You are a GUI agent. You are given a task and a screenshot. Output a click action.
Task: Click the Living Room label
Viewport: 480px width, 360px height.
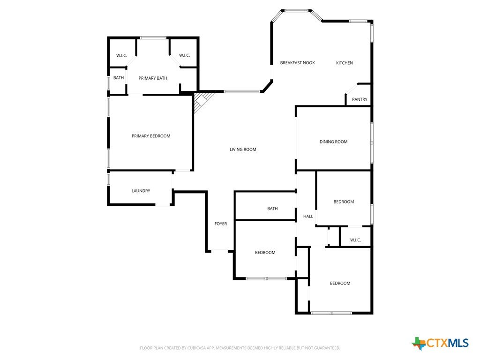pyautogui.click(x=243, y=150)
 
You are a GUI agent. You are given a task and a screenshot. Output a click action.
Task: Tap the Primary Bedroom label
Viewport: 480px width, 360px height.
pyautogui.click(x=151, y=136)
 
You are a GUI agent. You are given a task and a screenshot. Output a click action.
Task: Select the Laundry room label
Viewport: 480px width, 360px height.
pyautogui.click(x=141, y=191)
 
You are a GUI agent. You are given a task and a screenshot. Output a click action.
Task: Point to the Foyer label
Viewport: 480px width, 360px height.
pyautogui.click(x=221, y=224)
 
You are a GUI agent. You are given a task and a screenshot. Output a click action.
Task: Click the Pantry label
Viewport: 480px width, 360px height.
pyautogui.click(x=360, y=99)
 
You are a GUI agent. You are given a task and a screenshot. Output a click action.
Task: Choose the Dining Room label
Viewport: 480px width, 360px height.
pyautogui.click(x=333, y=142)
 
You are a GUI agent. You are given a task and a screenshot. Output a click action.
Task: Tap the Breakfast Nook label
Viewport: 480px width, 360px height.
pyautogui.click(x=298, y=63)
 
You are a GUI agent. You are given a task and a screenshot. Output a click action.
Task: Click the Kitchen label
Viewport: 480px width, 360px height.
pyautogui.click(x=345, y=63)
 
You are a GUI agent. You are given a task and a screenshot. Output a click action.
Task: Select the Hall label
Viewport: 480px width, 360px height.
pyautogui.click(x=308, y=217)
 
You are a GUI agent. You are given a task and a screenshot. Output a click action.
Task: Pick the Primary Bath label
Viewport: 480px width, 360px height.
pyautogui.click(x=153, y=78)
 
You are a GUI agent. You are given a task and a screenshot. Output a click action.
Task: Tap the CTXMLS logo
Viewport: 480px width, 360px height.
pyautogui.click(x=441, y=343)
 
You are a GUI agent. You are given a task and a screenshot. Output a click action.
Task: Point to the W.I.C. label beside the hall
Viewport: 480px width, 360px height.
pyautogui.click(x=355, y=240)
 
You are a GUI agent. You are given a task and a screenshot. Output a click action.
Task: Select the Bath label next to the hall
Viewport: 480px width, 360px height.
pyautogui.click(x=272, y=209)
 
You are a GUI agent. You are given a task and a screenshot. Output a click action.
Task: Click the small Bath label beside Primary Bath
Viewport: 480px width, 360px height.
pyautogui.click(x=119, y=78)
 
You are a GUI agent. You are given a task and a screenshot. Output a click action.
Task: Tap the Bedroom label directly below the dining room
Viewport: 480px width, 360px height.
pyautogui.click(x=344, y=202)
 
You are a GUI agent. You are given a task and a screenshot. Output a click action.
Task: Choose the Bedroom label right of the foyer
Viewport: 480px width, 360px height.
pyautogui.click(x=265, y=253)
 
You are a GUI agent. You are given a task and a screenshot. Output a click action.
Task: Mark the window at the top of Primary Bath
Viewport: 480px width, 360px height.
pyautogui.click(x=153, y=38)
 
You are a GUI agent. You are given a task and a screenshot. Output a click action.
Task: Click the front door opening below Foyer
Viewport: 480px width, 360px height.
pyautogui.click(x=219, y=251)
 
